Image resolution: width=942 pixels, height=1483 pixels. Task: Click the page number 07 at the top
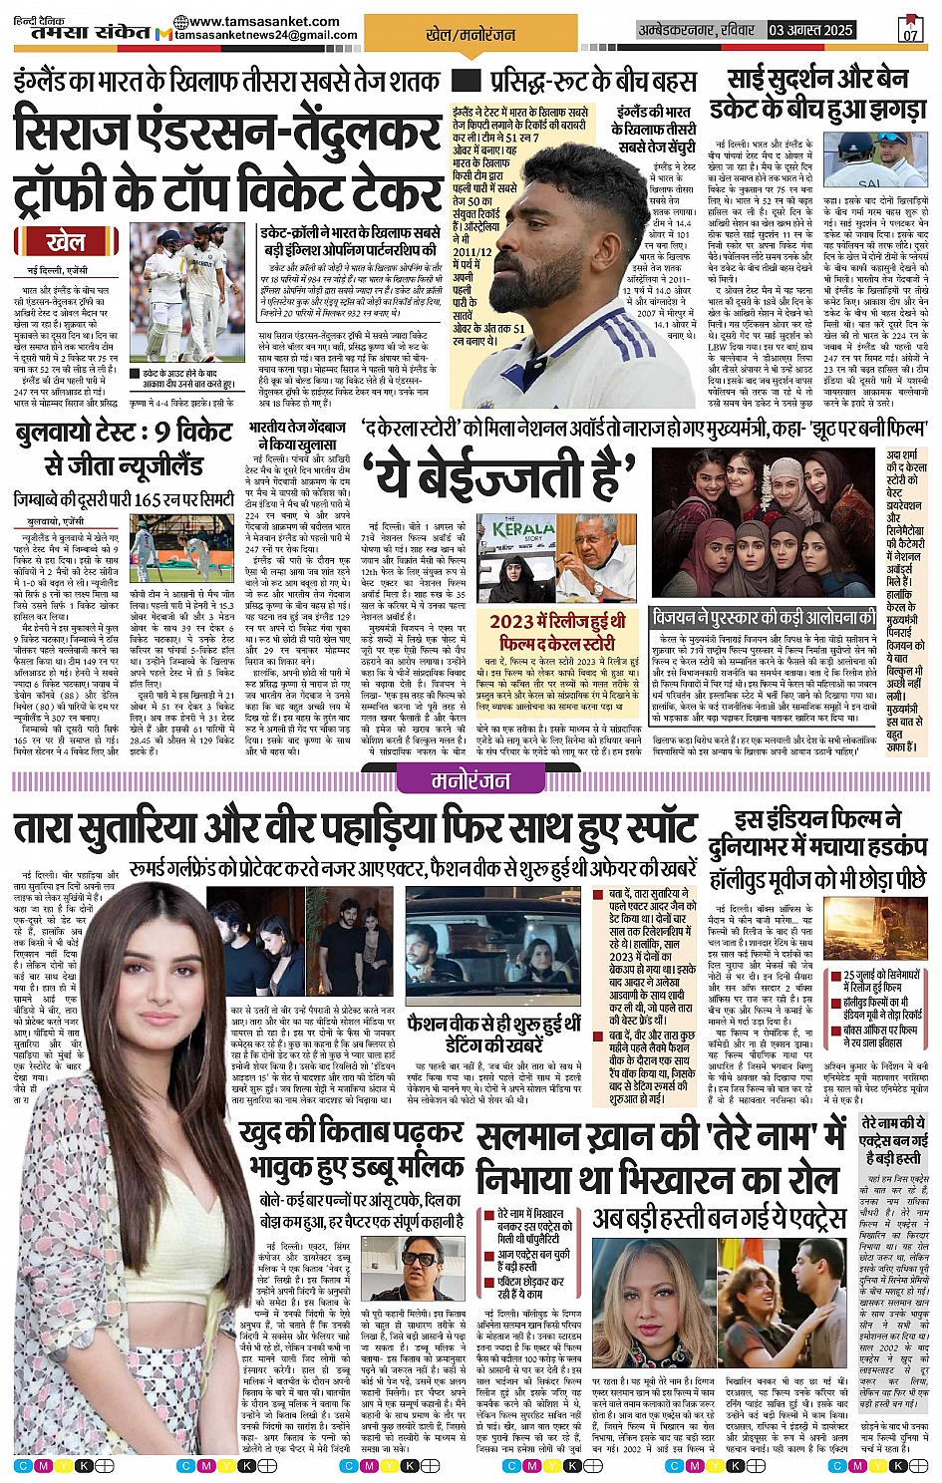909,32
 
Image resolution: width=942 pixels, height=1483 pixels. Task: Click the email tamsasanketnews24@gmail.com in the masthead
265,35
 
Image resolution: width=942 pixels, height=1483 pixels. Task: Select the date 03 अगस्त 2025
810,30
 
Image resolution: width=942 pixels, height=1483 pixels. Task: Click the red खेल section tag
65,241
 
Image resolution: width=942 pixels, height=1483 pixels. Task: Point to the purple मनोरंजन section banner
471,781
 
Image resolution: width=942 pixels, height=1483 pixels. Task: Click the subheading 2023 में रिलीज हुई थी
557,621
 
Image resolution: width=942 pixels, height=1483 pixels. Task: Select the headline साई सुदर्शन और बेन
817,78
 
